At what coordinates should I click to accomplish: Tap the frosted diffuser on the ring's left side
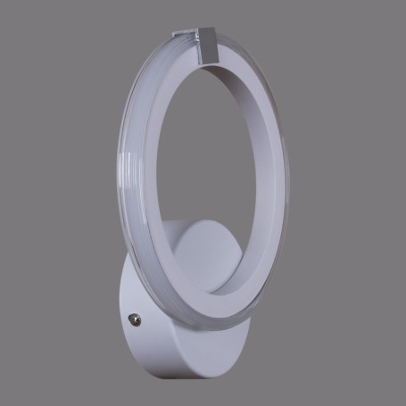click(x=125, y=196)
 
